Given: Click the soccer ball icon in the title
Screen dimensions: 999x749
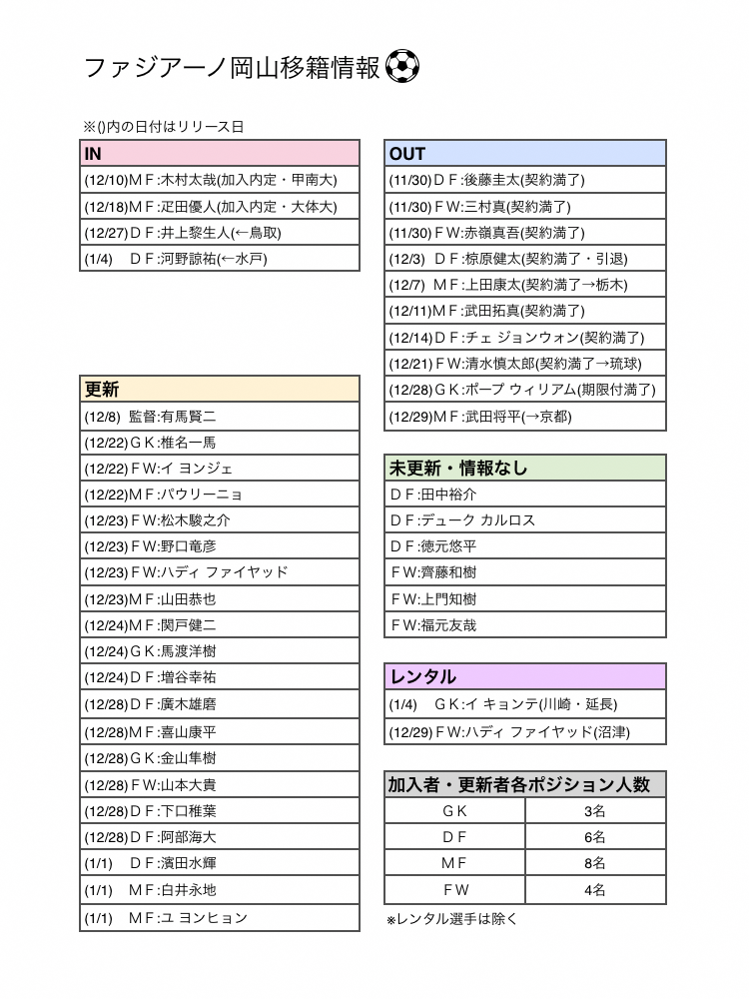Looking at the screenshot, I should click(402, 67).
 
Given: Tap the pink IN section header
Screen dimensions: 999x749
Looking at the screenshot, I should click(219, 154).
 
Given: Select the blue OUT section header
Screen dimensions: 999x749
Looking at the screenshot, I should click(525, 154).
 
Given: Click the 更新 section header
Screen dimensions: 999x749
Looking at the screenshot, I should click(219, 390).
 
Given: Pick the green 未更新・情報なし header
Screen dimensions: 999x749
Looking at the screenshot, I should click(525, 468).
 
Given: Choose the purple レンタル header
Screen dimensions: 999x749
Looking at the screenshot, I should click(525, 677).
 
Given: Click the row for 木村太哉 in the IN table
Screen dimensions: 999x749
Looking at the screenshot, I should click(219, 181).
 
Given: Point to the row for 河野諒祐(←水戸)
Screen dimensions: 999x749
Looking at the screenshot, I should click(219, 259).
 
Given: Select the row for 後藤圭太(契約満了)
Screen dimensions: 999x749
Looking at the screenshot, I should click(525, 181).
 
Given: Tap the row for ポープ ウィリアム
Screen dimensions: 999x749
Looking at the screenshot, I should click(525, 390).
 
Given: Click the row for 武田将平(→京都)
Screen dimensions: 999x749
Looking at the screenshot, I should click(525, 417).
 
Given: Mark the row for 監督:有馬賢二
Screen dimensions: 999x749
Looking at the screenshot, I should click(219, 417).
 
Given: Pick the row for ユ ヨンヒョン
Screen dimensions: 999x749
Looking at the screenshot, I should click(219, 918).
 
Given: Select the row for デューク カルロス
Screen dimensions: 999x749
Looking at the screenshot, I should click(525, 520).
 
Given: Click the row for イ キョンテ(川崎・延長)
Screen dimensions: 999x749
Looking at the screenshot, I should click(525, 704).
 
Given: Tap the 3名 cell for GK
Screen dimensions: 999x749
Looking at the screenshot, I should click(595, 811).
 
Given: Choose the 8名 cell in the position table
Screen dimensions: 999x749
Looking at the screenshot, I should click(595, 863).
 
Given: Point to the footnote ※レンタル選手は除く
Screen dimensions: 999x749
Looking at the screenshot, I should click(451, 919).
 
